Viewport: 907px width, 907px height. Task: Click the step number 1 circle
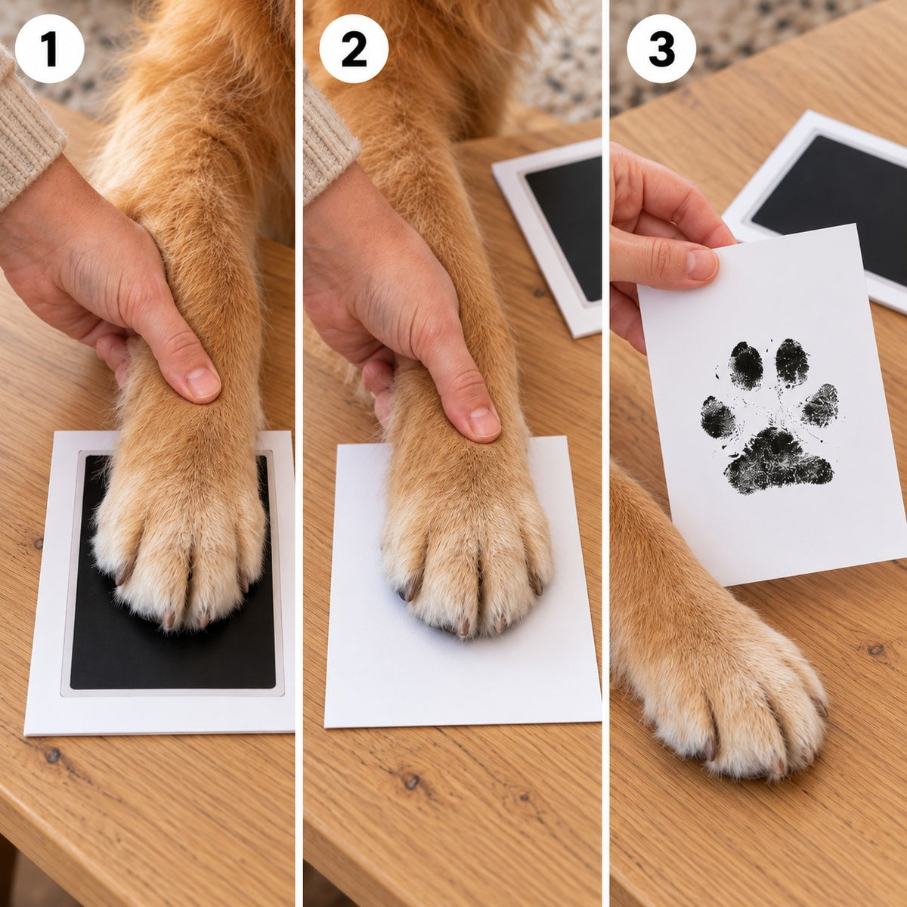click(x=49, y=48)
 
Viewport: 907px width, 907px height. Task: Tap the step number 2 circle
click(x=354, y=48)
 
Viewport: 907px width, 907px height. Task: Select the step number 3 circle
click(x=661, y=48)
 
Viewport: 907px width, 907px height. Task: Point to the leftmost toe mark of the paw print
click(x=718, y=417)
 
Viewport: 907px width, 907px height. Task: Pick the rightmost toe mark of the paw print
click(x=820, y=405)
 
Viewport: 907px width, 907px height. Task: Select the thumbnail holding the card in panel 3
click(x=701, y=265)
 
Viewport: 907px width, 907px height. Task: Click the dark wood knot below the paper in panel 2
click(x=411, y=782)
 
